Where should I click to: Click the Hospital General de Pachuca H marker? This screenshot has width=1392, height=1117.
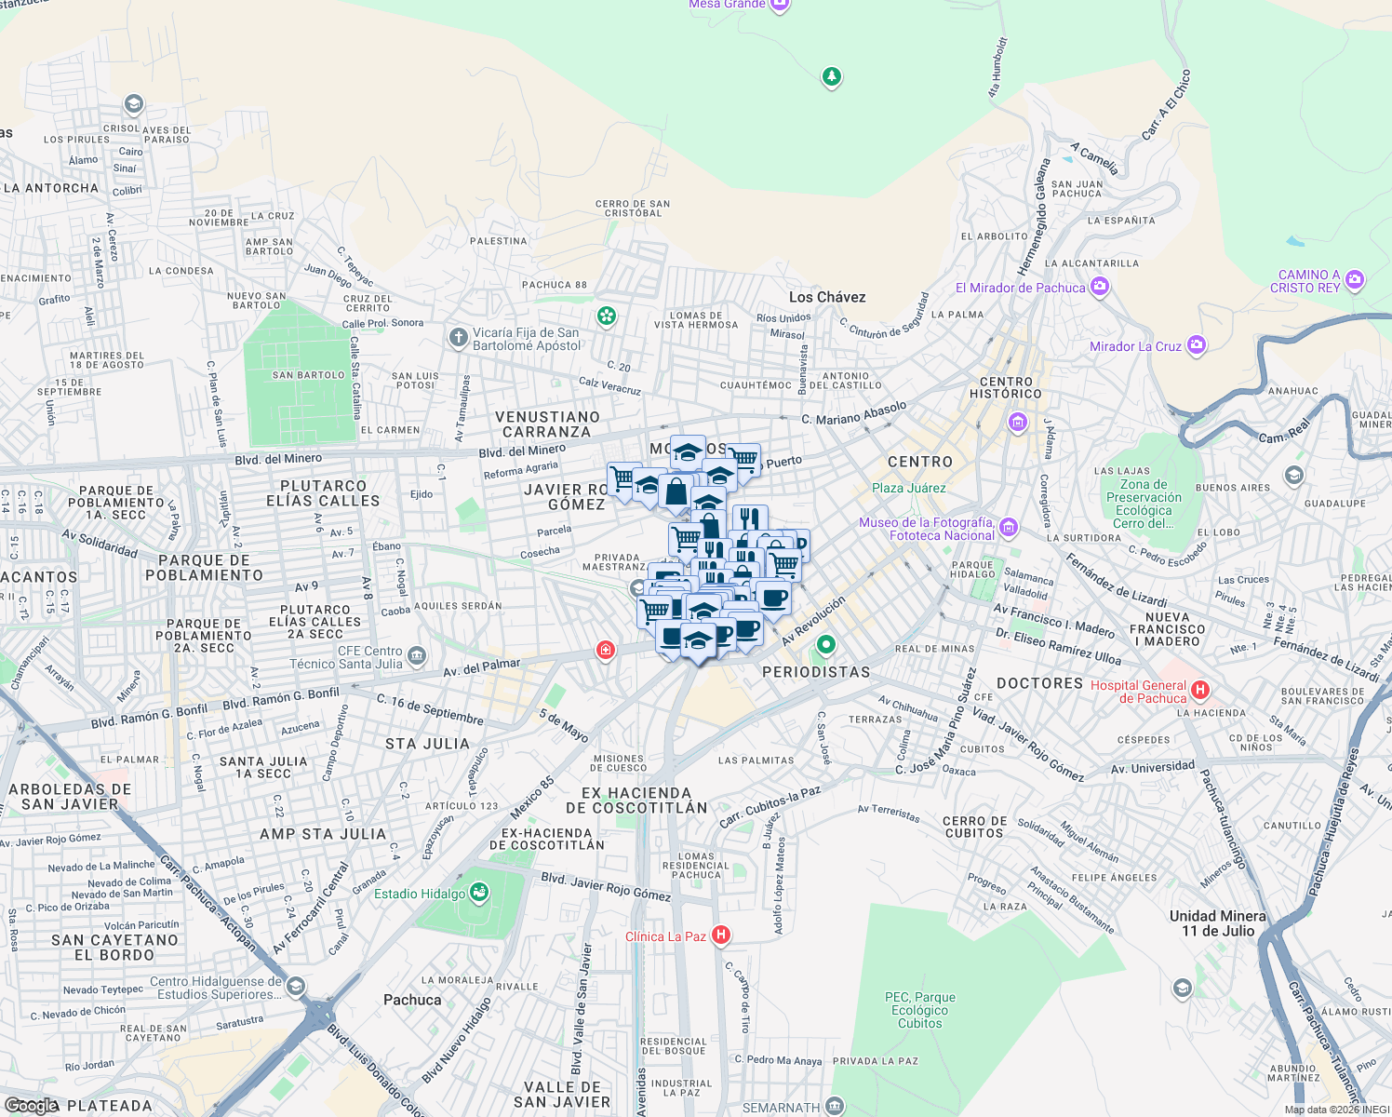pos(1200,690)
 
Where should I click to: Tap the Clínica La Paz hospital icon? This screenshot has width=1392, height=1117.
pos(720,935)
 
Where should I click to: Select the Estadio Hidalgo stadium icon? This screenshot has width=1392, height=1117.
pos(479,894)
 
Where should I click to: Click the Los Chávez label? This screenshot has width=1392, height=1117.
pos(827,297)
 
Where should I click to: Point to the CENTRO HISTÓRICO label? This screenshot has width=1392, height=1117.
pos(1006,387)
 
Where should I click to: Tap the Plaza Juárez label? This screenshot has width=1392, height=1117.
pos(908,488)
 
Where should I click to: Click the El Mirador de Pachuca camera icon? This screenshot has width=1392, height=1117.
pos(1100,287)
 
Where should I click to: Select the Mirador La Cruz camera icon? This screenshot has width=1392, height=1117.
pos(1197,345)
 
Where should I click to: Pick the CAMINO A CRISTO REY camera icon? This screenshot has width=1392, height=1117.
pos(1355,279)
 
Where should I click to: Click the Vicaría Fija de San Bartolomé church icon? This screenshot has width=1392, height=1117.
pos(458,337)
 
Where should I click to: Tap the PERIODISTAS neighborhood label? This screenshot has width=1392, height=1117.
pos(816,672)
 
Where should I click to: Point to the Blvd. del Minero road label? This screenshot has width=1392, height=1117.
pos(278,459)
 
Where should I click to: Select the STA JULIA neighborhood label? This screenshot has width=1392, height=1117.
pos(427,744)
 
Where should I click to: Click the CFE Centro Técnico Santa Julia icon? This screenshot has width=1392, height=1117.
pos(416,656)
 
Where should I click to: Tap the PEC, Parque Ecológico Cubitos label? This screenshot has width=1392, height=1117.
pos(919,1010)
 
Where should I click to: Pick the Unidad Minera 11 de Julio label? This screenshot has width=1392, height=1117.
pos(1217,923)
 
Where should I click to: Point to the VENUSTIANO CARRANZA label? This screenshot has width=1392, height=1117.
pos(547,424)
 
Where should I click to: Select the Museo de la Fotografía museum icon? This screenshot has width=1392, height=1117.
pos(1009,528)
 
